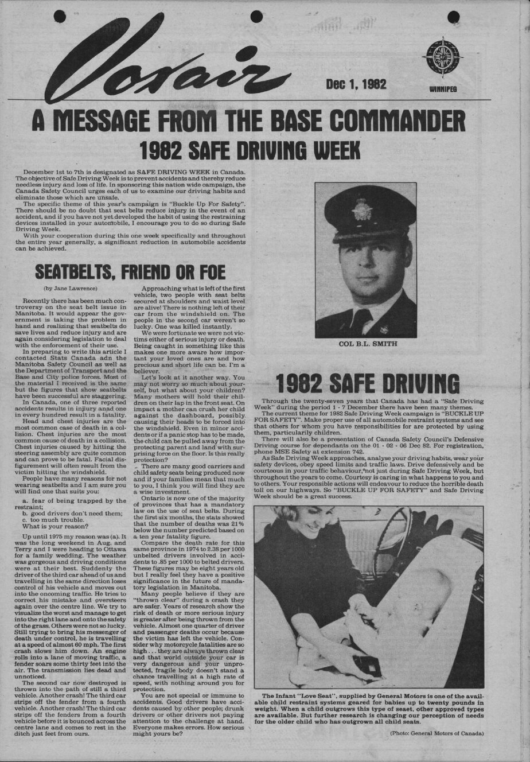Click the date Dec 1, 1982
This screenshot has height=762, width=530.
point(356,84)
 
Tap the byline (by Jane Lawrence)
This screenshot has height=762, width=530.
point(71,287)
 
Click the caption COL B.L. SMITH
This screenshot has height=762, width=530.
point(366,344)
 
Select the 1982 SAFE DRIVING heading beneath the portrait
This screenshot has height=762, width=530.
point(368,383)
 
